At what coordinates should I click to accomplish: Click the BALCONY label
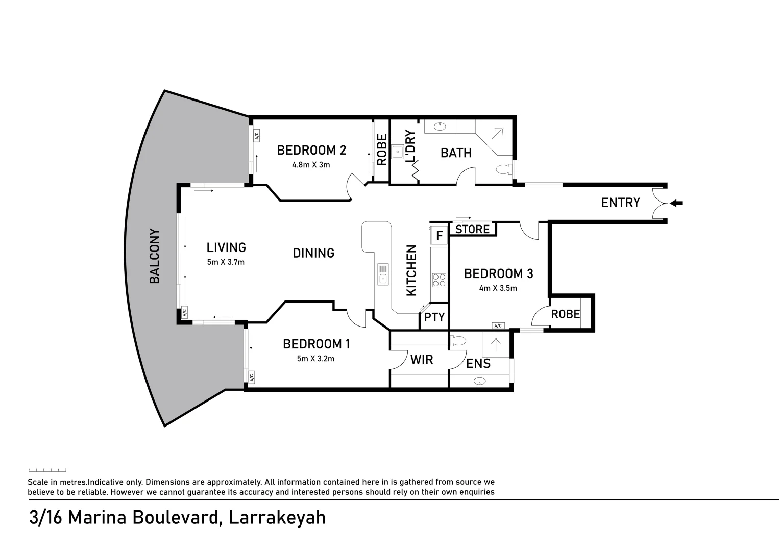155,256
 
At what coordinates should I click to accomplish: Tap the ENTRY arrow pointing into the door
676,203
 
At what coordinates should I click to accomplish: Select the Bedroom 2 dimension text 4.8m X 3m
311,165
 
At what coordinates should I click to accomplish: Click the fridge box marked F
439,236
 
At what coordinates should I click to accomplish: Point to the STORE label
472,230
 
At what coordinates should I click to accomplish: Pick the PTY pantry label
434,317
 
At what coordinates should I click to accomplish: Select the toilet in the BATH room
503,169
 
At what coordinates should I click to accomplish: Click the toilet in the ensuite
458,340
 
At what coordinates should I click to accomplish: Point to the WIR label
422,360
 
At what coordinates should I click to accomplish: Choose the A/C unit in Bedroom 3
498,325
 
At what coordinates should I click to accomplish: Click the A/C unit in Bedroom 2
257,136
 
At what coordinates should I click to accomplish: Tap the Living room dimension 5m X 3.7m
226,262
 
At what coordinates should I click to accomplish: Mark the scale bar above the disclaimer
47,470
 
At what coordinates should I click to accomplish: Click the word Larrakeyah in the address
277,517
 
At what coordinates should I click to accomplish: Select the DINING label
313,253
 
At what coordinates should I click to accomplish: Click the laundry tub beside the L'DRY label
398,151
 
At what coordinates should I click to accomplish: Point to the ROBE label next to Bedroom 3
566,314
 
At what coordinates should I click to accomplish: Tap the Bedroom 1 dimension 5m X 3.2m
315,359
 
